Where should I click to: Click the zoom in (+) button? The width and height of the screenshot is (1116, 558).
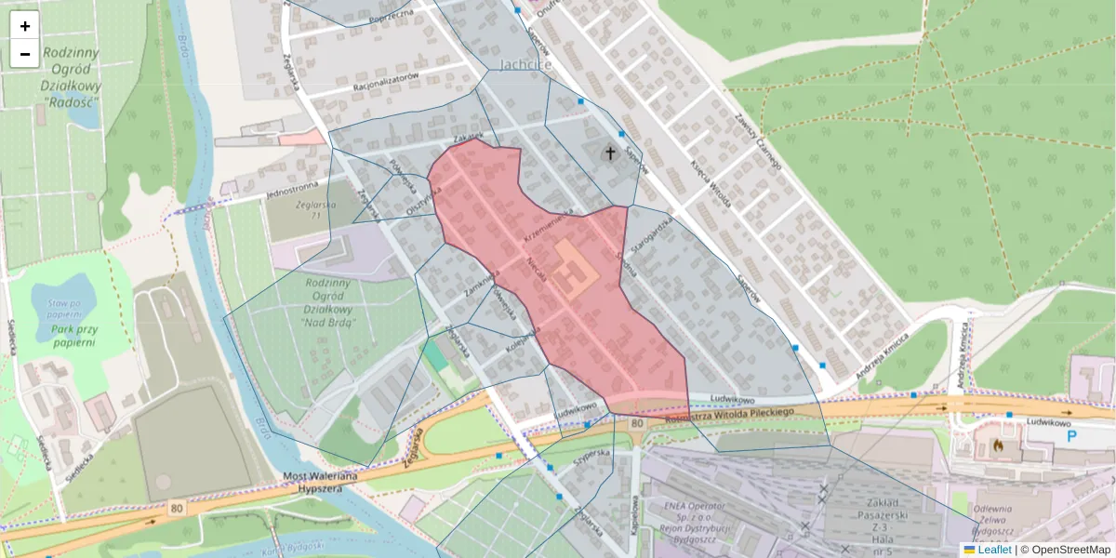[x=25, y=26]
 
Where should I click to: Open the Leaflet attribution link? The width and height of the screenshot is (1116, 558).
[x=999, y=550]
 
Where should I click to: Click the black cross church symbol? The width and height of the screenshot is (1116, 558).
[x=611, y=153]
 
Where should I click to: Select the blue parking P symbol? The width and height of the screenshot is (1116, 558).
[x=1072, y=433]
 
